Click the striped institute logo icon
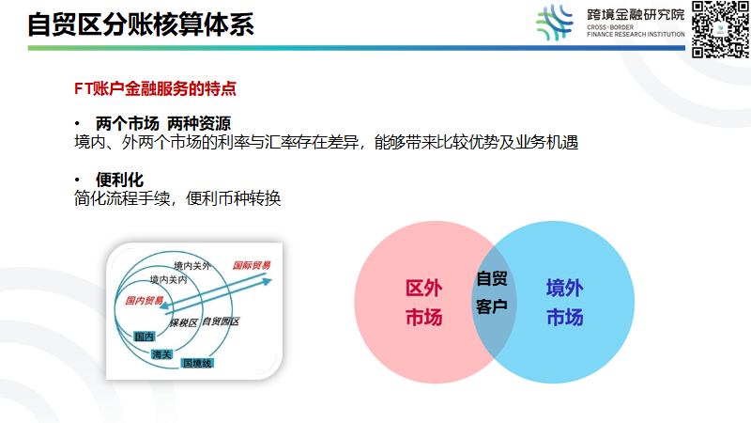(554, 23)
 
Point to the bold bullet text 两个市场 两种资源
(163, 124)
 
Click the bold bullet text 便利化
(119, 179)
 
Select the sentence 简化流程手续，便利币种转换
(177, 198)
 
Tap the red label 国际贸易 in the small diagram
(251, 266)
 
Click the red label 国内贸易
(145, 301)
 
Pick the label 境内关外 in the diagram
(193, 266)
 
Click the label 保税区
(184, 322)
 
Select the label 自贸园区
(221, 322)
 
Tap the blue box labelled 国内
(144, 337)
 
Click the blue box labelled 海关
(162, 353)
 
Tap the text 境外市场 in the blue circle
(565, 302)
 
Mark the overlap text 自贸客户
(492, 292)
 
